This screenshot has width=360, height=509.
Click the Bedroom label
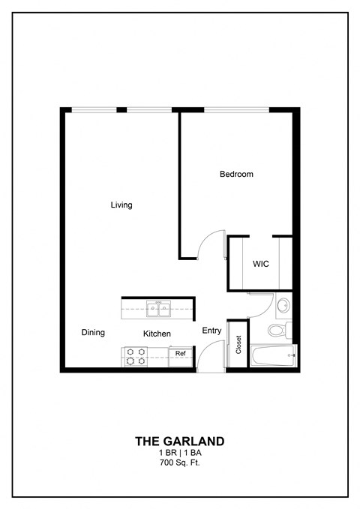[236, 175]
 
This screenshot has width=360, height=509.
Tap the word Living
[121, 205]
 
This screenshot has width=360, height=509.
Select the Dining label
[93, 333]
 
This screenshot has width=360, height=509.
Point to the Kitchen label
[157, 334]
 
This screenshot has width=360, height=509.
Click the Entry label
[211, 331]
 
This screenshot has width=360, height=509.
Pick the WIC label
[260, 265]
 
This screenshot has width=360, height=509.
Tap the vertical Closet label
[238, 344]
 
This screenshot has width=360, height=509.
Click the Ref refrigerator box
[181, 353]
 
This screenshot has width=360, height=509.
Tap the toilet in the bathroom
[278, 329]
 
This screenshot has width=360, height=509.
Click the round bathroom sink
[283, 306]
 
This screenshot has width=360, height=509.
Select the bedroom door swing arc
[211, 246]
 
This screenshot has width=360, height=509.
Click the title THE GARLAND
[179, 442]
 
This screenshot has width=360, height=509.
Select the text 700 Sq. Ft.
[179, 463]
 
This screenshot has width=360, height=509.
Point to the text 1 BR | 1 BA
[179, 454]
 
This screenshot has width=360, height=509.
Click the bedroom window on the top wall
[235, 111]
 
